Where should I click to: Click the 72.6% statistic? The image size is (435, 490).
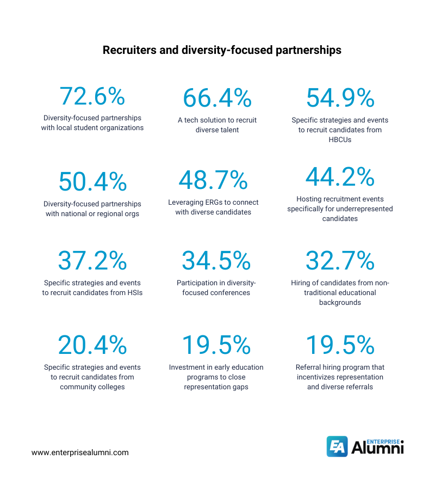coord(92,96)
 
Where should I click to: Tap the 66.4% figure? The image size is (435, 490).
coord(216,98)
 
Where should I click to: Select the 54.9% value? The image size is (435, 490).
coord(340,98)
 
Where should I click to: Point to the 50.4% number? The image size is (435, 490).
coord(92,182)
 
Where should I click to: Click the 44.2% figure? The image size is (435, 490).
coord(340,177)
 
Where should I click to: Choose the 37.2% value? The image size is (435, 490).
coord(92,261)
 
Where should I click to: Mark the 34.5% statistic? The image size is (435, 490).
coord(216,261)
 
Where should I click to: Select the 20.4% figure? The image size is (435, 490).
coord(92,345)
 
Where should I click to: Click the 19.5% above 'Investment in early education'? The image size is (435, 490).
coord(216,345)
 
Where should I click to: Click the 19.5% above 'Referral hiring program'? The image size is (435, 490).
coord(340,345)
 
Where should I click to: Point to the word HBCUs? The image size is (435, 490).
coord(340,140)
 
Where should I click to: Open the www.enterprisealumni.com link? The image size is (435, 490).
coord(80,452)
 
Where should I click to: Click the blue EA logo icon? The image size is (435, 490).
coord(337,446)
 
